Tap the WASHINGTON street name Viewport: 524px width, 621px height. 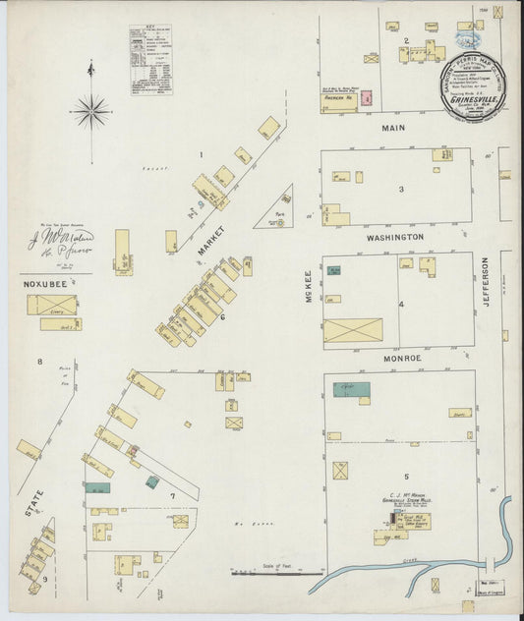[395, 238]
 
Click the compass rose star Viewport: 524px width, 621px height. [90, 110]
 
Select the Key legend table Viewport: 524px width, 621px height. [150, 60]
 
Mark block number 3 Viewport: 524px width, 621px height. [400, 189]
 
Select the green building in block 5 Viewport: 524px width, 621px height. [351, 390]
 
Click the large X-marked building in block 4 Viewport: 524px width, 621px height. [353, 330]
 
